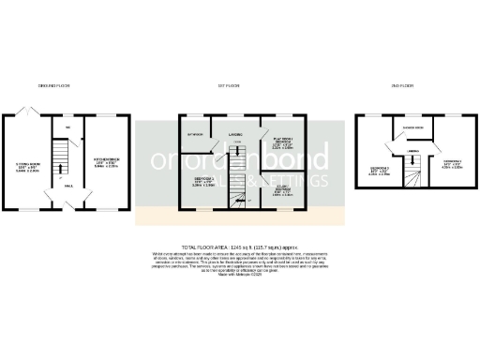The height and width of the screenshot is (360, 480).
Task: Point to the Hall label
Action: (69, 186)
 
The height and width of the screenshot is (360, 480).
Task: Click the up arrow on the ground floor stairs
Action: (61, 169)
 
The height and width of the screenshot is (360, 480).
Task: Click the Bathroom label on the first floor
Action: (194, 134)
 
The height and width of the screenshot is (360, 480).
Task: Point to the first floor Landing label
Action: (235, 135)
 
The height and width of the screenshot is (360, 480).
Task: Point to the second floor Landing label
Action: (412, 149)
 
